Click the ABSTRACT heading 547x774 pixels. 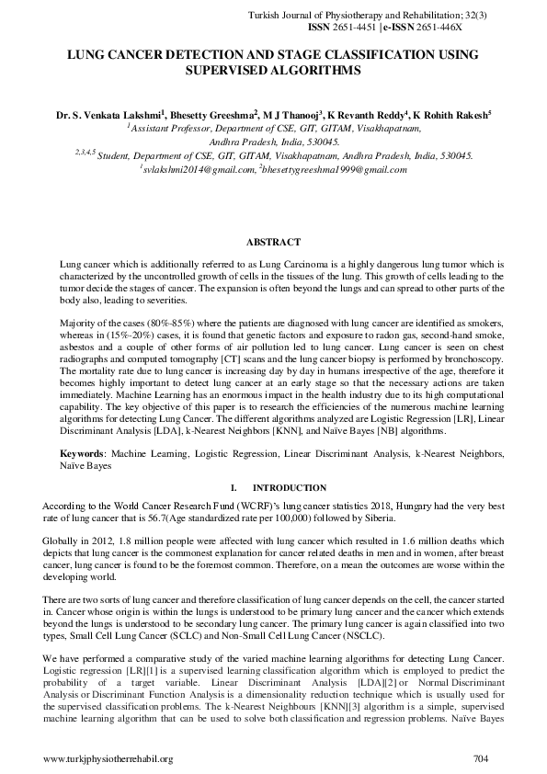point(273,243)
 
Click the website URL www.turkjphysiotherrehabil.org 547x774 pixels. point(108,758)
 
